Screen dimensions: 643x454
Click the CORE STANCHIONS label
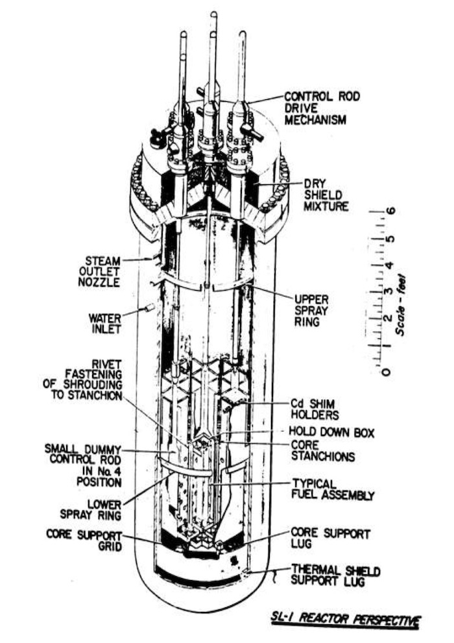322,450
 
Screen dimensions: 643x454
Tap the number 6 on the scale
392,212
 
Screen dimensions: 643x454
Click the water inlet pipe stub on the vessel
149,307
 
